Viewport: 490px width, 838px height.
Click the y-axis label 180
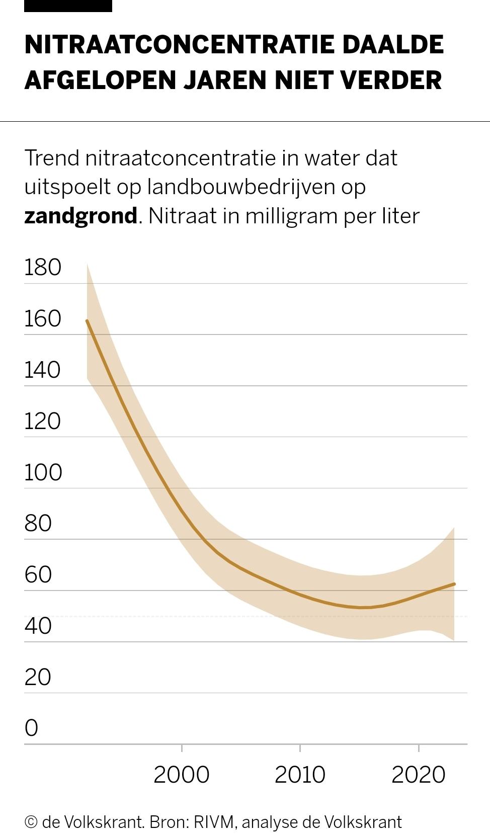(x=43, y=267)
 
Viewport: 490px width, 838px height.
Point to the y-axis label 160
(x=43, y=318)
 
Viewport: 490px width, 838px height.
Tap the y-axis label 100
(x=43, y=472)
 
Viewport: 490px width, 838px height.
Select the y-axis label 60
(x=38, y=574)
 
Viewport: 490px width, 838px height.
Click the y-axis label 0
(x=31, y=728)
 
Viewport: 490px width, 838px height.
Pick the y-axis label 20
(x=38, y=677)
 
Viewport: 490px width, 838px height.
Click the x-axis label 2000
(x=181, y=775)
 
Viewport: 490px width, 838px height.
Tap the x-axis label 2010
(x=300, y=775)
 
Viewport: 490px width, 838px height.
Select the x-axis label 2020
(x=418, y=775)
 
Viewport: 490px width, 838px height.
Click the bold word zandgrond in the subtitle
(x=80, y=216)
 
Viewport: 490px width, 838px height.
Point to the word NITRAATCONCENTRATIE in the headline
(x=178, y=45)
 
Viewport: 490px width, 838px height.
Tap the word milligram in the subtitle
(x=291, y=216)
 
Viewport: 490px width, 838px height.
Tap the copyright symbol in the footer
(x=31, y=822)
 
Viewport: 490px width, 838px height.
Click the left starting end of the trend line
(x=87, y=321)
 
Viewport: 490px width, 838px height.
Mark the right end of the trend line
(x=454, y=584)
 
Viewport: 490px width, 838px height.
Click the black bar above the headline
(x=68, y=6)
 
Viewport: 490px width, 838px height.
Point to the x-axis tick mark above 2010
(x=300, y=748)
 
